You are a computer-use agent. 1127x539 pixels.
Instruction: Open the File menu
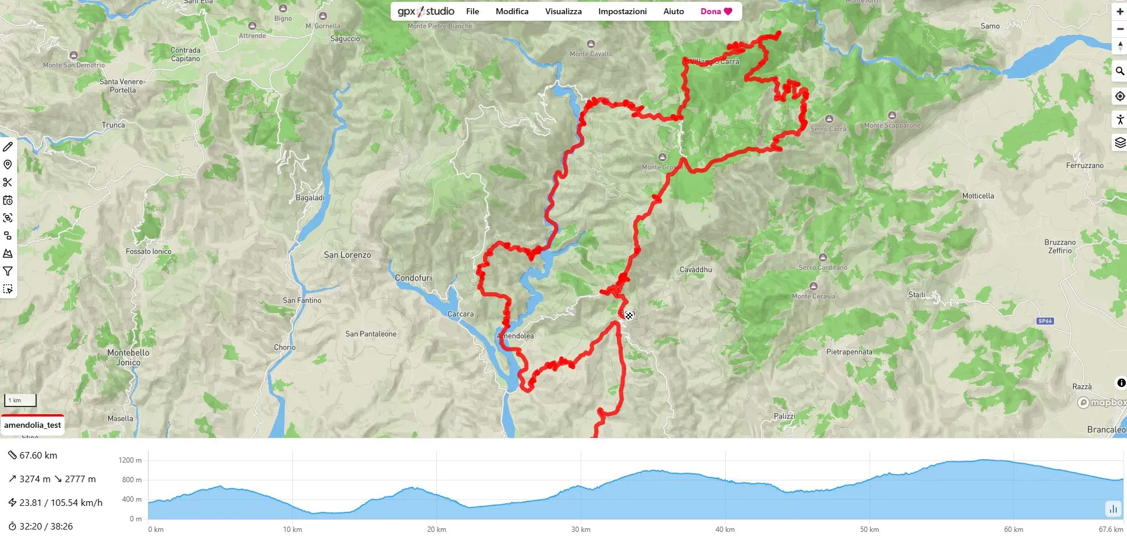pyautogui.click(x=472, y=11)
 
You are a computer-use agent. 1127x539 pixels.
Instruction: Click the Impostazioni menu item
pyautogui.click(x=622, y=11)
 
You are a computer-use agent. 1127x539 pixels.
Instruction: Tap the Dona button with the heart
pyautogui.click(x=716, y=11)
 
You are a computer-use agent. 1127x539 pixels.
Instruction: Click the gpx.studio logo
pyautogui.click(x=426, y=11)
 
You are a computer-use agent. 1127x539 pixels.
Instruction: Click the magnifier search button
pyautogui.click(x=1119, y=71)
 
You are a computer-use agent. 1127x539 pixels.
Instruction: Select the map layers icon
pyautogui.click(x=1119, y=143)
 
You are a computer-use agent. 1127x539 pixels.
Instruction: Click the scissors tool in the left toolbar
pyautogui.click(x=8, y=182)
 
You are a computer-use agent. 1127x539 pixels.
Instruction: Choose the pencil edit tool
pyautogui.click(x=8, y=147)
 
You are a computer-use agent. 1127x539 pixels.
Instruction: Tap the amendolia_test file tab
pyautogui.click(x=33, y=425)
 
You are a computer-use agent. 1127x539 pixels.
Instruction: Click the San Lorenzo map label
pyautogui.click(x=347, y=255)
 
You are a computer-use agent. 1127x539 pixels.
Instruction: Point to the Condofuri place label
pyautogui.click(x=413, y=278)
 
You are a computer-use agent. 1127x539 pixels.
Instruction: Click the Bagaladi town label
pyautogui.click(x=310, y=198)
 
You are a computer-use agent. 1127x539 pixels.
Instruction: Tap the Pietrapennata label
pyautogui.click(x=849, y=352)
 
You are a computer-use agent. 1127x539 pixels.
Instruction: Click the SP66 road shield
pyautogui.click(x=1045, y=321)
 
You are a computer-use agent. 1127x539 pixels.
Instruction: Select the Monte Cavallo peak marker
pyautogui.click(x=591, y=44)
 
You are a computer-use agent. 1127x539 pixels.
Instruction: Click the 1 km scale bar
pyautogui.click(x=21, y=401)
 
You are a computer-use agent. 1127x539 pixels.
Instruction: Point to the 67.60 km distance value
pyautogui.click(x=38, y=455)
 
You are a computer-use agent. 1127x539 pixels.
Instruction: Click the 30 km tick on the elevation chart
pyautogui.click(x=581, y=530)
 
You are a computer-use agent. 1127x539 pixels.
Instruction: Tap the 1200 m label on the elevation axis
pyautogui.click(x=130, y=460)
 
